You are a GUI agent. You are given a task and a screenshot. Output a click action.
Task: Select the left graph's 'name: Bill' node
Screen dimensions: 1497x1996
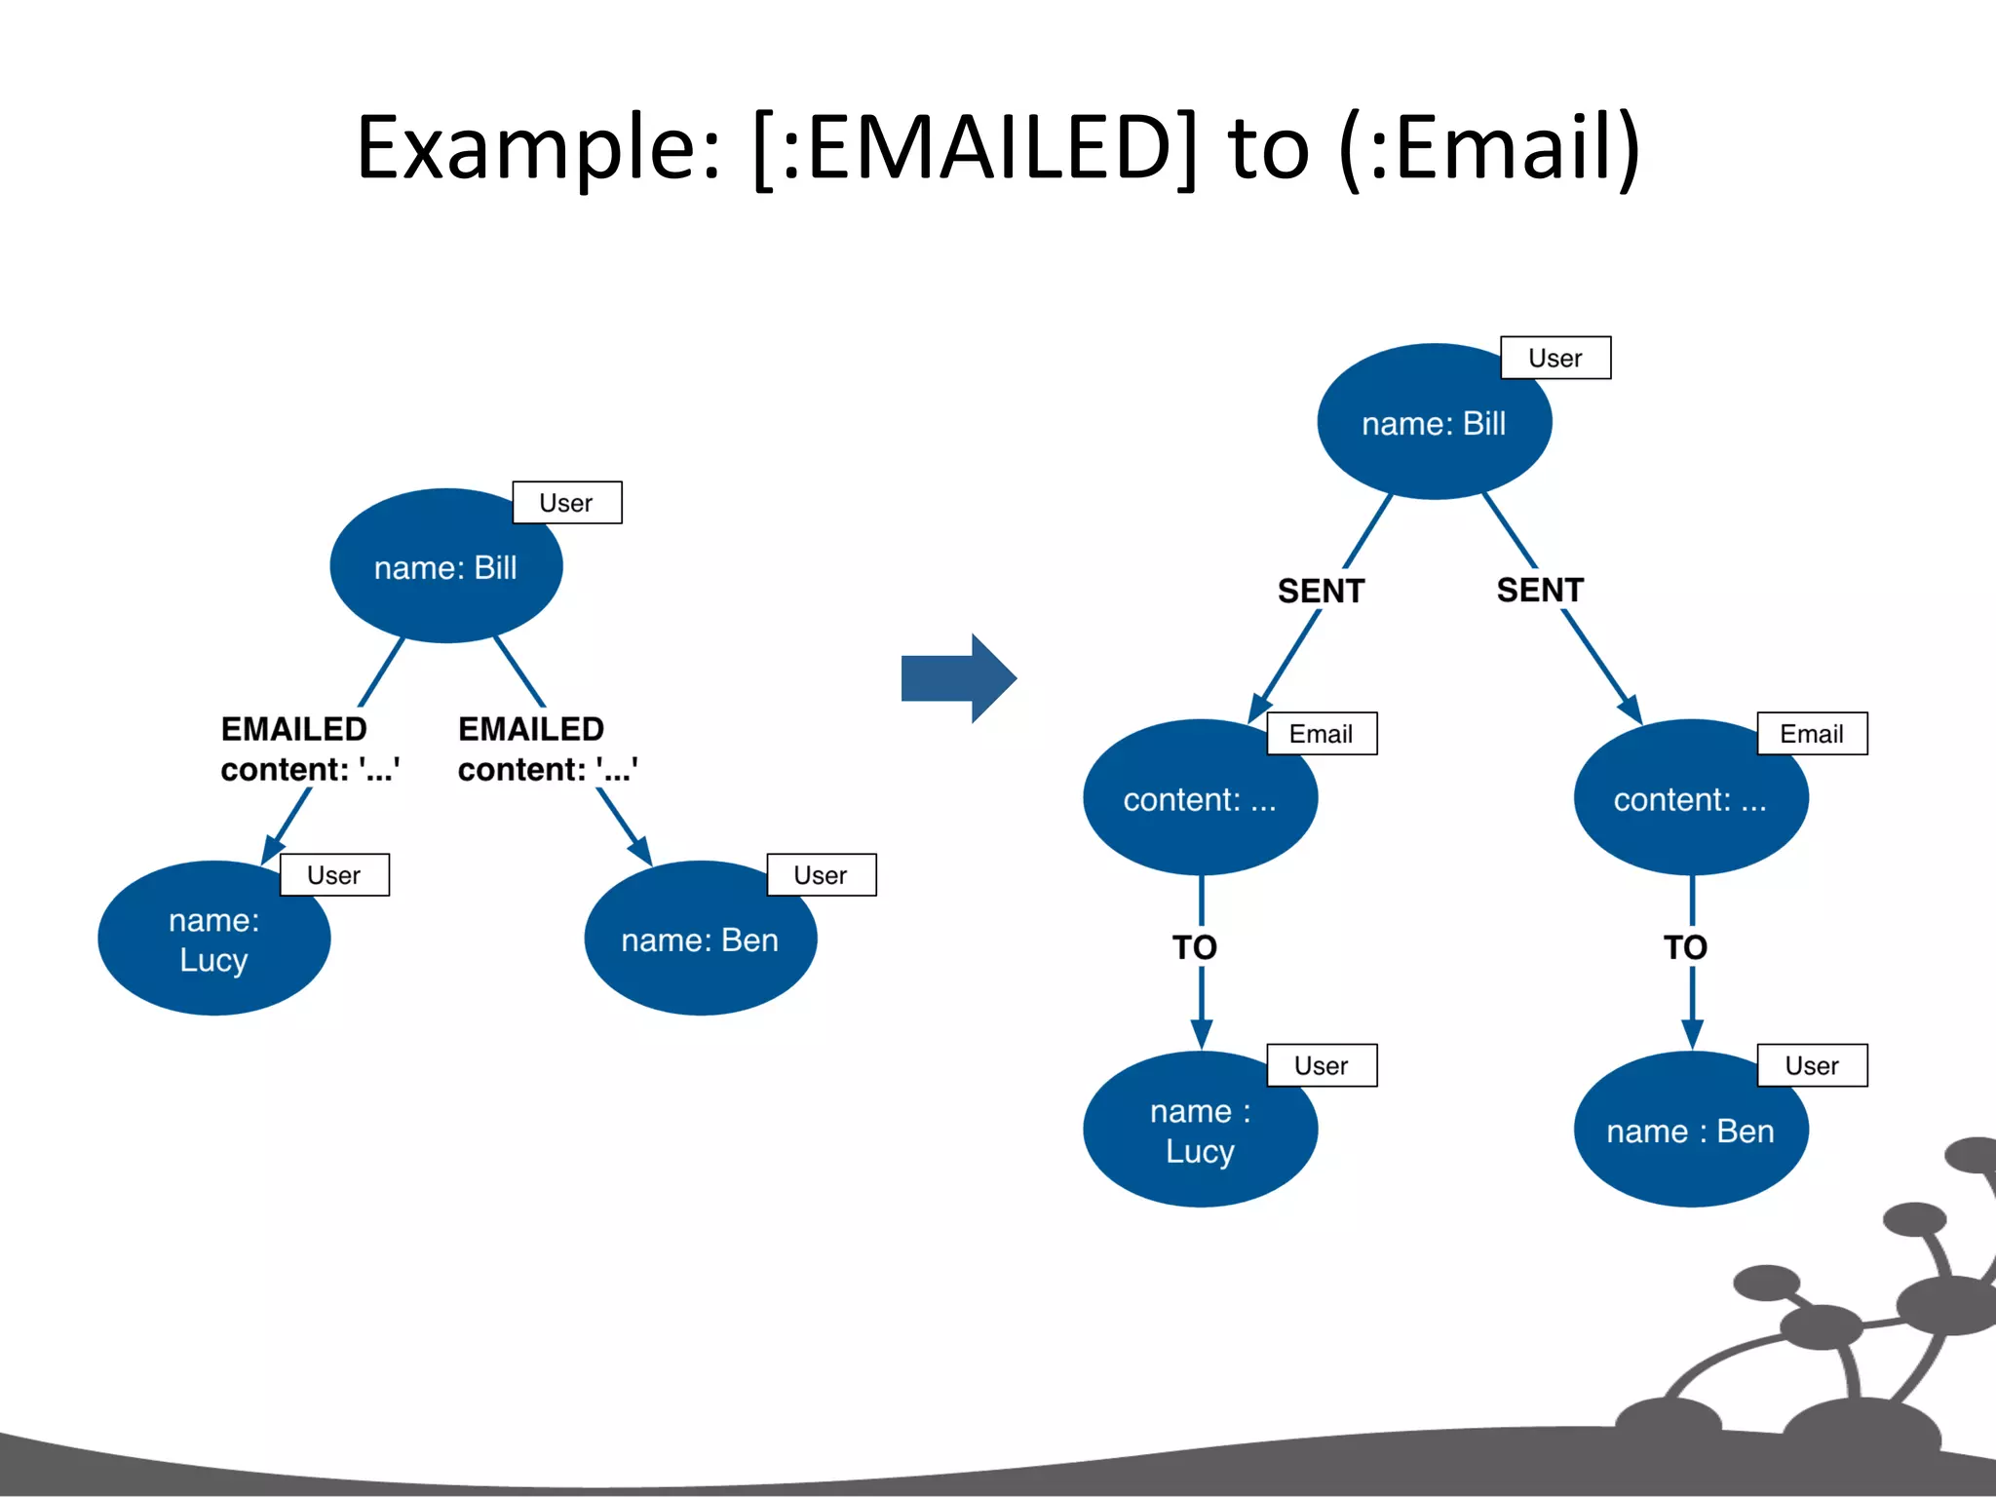(445, 566)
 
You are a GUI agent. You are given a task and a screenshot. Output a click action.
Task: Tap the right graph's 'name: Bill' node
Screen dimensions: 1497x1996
(1433, 422)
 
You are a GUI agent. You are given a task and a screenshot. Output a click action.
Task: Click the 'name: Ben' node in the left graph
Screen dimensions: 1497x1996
(700, 940)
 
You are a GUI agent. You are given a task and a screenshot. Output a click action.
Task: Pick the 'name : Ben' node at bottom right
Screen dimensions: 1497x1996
(1690, 1131)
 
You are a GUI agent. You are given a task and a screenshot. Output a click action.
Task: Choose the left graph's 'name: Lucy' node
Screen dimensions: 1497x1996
(213, 940)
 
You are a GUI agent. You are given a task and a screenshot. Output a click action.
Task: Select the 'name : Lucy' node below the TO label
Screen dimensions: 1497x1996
(1200, 1131)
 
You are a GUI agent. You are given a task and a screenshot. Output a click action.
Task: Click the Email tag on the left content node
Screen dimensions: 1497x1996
(1322, 734)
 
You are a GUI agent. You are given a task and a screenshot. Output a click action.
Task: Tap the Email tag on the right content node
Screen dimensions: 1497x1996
(1812, 734)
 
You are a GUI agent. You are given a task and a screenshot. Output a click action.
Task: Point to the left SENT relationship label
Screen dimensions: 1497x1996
(1321, 591)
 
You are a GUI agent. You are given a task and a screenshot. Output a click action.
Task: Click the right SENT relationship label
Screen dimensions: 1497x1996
(1540, 590)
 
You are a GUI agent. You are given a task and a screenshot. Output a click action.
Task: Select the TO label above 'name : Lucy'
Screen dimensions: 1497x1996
(1195, 947)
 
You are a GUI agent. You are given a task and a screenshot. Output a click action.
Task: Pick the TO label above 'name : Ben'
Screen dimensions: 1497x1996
(1685, 947)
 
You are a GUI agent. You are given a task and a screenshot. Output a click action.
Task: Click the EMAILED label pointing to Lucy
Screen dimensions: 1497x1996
(294, 729)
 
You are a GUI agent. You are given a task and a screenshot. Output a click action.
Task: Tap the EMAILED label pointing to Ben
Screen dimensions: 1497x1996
(531, 729)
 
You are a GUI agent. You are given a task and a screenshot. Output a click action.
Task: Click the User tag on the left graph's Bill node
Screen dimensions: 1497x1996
(566, 503)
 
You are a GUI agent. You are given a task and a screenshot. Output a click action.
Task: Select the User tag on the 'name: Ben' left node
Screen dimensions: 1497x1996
(821, 875)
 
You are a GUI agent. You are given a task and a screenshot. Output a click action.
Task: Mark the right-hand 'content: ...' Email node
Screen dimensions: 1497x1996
(1690, 799)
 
